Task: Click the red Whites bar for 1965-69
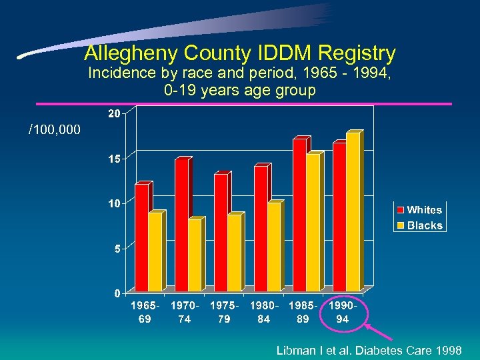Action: (x=141, y=237)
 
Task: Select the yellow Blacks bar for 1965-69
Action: (x=155, y=252)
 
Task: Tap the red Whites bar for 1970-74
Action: (x=181, y=225)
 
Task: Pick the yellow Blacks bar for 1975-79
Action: (x=234, y=253)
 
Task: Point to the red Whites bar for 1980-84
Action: (x=261, y=228)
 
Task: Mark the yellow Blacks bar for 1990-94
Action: (x=353, y=211)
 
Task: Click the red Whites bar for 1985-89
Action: (x=300, y=215)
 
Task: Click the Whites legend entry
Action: (x=419, y=210)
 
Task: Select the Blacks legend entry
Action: (x=419, y=225)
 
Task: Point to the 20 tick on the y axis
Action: (x=114, y=114)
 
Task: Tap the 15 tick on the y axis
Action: (x=114, y=159)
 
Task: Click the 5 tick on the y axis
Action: (x=116, y=249)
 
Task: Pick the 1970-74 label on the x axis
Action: (x=184, y=312)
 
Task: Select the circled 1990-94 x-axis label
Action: (x=343, y=312)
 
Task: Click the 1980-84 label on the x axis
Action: (x=263, y=312)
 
